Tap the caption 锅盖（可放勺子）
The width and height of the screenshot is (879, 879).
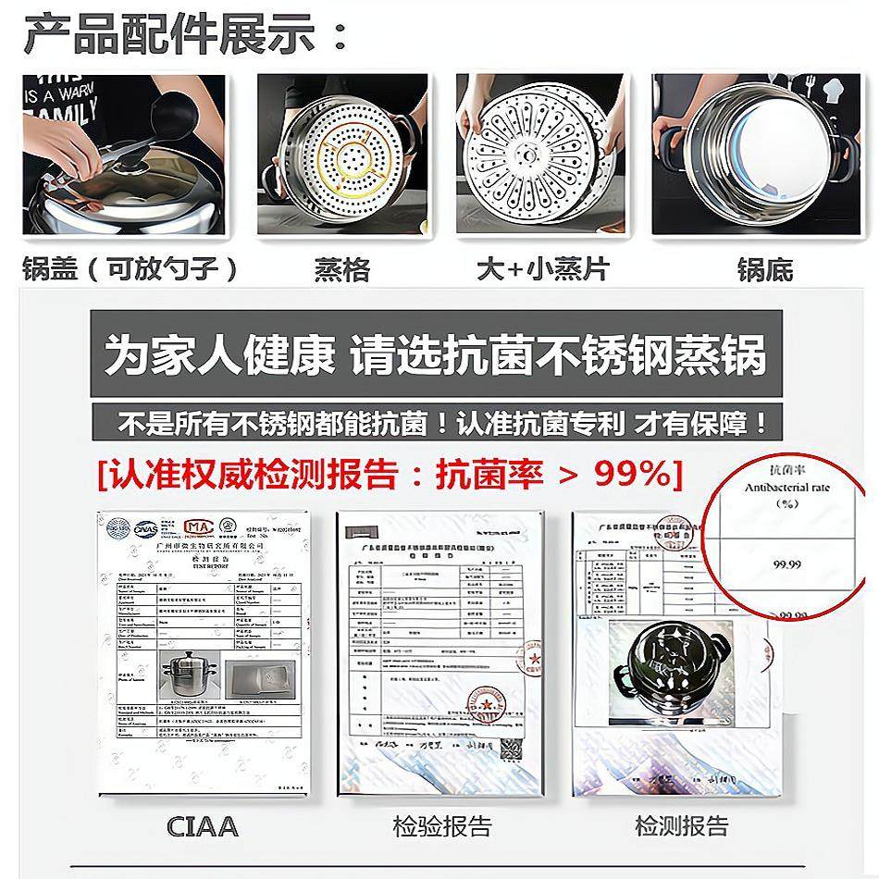(x=130, y=269)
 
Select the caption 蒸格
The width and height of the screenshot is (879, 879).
(x=342, y=270)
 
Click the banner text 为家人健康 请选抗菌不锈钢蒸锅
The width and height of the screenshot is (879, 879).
(x=435, y=356)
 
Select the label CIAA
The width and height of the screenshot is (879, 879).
(x=202, y=825)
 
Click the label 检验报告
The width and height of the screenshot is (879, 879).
(x=441, y=825)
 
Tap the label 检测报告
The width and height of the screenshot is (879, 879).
(x=681, y=825)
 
